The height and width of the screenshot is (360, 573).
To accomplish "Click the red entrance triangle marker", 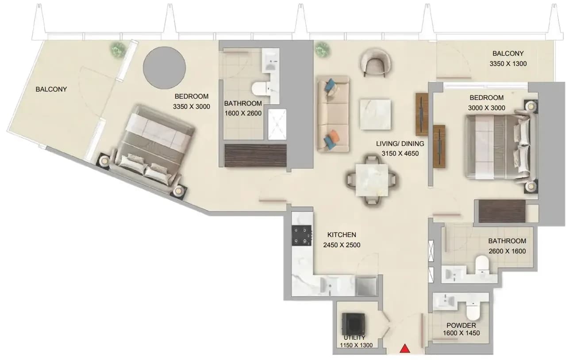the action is [405, 349].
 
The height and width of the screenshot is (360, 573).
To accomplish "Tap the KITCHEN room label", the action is [342, 235].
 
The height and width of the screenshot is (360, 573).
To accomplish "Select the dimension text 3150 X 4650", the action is [400, 153].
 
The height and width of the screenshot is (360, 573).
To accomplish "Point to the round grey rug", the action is [164, 68].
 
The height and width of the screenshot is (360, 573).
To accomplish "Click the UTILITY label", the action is [354, 337].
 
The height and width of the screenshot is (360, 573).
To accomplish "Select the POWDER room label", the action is [461, 326].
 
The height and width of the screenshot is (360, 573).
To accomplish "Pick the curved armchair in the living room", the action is [375, 62].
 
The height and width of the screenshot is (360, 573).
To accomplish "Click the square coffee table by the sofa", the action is [375, 115].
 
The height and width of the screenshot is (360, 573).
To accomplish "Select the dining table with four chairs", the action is [372, 180].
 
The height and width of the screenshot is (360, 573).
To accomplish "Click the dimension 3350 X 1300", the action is [508, 64].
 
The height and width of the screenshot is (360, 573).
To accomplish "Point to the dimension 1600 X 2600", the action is [243, 113].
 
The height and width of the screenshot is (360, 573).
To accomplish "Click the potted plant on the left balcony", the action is [118, 49].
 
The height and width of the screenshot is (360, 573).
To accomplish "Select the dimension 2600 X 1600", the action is [507, 251].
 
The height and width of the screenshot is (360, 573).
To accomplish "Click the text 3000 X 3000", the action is [487, 108].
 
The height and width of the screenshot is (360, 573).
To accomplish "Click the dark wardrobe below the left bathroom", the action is [255, 156].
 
